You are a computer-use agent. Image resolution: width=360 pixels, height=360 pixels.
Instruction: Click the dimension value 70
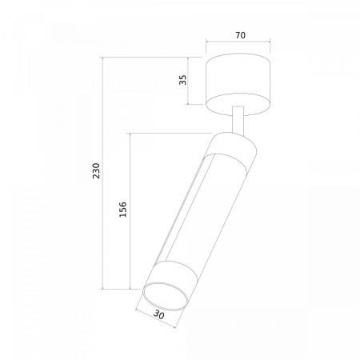(240, 35)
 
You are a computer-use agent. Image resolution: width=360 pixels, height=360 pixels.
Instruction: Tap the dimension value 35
(183, 80)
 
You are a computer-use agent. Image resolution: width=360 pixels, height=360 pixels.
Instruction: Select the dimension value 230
(96, 170)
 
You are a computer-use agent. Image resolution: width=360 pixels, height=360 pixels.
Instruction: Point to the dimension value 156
(122, 210)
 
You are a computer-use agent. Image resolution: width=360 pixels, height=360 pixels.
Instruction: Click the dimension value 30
(159, 315)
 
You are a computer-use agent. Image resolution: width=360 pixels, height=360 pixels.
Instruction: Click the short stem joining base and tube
(238, 120)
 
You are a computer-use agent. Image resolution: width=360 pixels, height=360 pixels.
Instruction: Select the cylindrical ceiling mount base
(238, 85)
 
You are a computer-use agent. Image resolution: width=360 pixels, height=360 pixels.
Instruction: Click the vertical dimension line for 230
(102, 173)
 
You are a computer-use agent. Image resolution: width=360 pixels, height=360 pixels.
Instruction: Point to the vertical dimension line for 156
(130, 211)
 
